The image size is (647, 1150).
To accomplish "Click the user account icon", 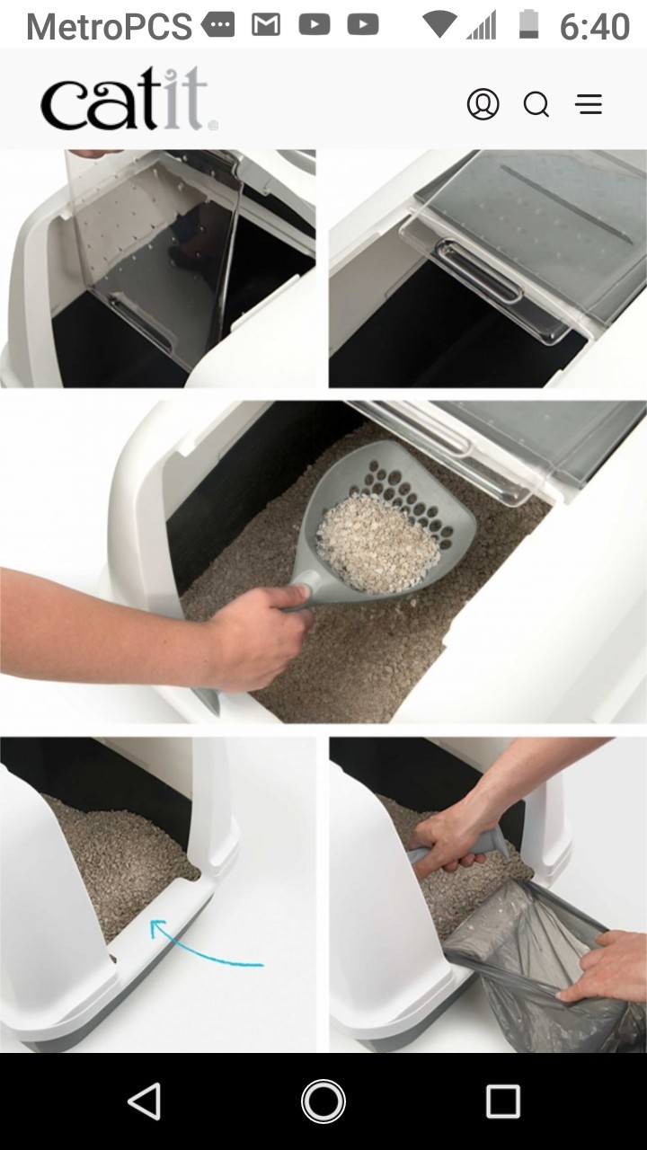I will pyautogui.click(x=483, y=104).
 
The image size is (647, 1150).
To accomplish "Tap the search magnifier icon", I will pyautogui.click(x=536, y=105).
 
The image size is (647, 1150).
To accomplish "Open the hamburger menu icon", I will pyautogui.click(x=589, y=105).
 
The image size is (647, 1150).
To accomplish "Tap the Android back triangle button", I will pyautogui.click(x=145, y=1101).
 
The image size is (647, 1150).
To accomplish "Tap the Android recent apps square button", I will pyautogui.click(x=502, y=1101).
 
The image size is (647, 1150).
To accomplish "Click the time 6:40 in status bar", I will pyautogui.click(x=594, y=26).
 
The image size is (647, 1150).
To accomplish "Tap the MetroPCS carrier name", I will pyautogui.click(x=109, y=26).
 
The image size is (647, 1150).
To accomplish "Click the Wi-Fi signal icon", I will pyautogui.click(x=439, y=24).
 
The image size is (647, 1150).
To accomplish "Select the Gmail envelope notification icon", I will pyautogui.click(x=266, y=25).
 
